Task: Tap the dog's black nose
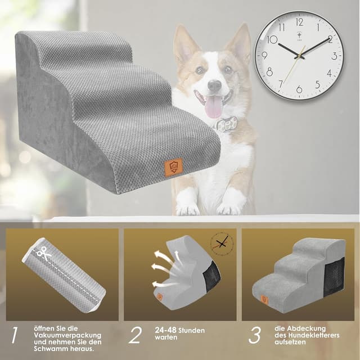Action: coord(214,85)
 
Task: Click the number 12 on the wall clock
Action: coord(299,22)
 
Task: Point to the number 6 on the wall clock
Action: coord(299,89)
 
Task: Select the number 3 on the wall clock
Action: coord(334,56)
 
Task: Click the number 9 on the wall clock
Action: coord(265,56)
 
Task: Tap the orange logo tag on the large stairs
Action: coord(173,168)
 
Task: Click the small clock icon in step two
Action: coord(222,244)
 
